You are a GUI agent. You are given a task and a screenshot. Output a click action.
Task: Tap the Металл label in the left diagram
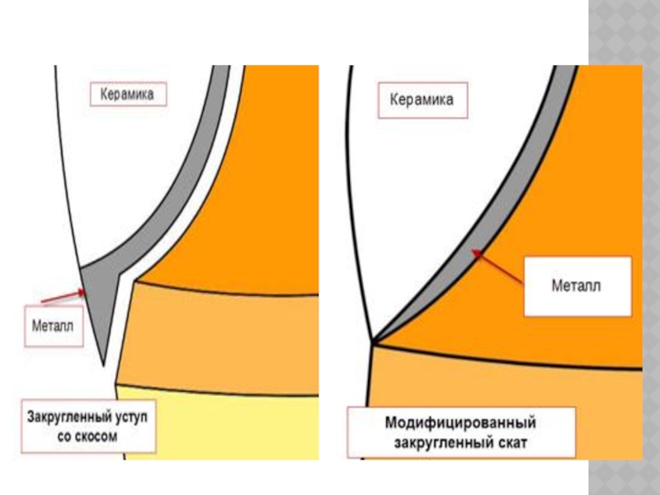52,327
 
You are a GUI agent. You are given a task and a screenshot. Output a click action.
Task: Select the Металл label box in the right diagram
577,286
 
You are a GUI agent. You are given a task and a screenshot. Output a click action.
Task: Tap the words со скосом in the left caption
88,436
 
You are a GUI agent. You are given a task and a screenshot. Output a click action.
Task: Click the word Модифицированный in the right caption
461,423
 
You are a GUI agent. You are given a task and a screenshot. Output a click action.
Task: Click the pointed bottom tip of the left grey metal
102,363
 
